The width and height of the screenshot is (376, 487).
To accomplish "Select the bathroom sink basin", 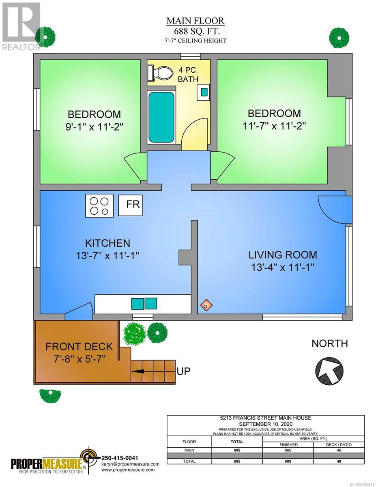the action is click(x=204, y=92).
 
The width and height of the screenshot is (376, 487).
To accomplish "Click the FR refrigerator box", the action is click(x=130, y=205).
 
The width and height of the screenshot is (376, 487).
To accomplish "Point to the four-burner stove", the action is click(x=99, y=205).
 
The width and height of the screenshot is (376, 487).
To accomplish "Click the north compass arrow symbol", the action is click(x=329, y=371).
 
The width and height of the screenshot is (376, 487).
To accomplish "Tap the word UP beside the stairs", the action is click(x=184, y=371).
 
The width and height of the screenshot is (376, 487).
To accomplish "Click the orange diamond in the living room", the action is click(x=206, y=305).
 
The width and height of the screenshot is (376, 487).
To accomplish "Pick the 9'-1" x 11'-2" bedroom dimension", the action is click(x=95, y=127).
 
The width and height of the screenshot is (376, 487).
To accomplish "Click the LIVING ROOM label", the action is click(x=283, y=255).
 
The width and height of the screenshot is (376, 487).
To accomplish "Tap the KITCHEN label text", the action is click(x=107, y=243).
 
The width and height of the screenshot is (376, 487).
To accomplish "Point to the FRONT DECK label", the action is click(x=79, y=347).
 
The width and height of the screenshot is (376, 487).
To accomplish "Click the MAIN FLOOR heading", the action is click(x=195, y=21).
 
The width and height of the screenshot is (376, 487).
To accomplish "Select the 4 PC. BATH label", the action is click(x=188, y=75).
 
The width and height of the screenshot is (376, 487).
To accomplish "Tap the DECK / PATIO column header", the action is click(x=339, y=444).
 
